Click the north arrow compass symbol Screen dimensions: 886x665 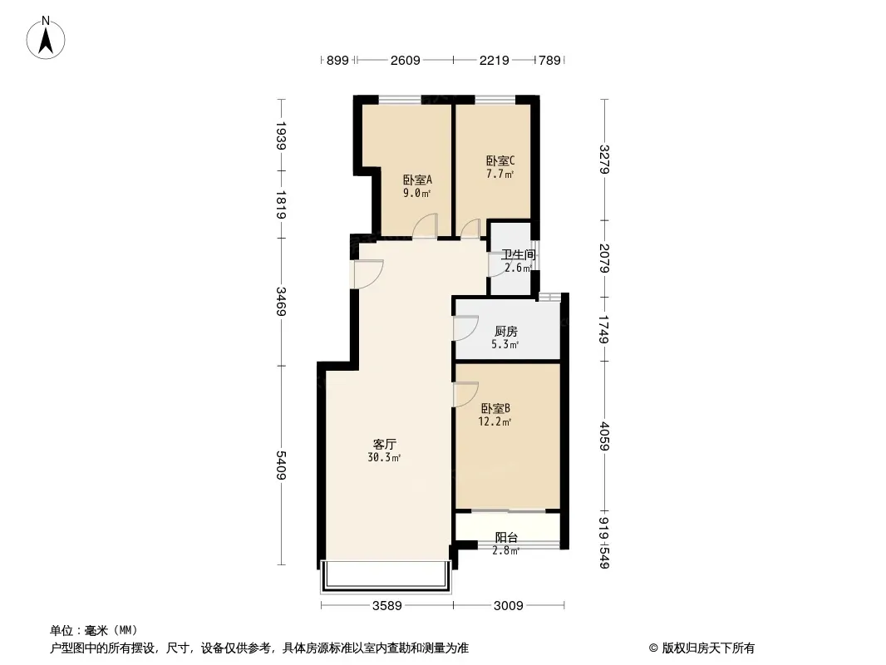(46, 37)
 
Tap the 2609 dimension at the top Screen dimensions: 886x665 (405, 60)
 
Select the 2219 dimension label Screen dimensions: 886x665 (495, 60)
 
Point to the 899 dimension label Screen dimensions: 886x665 (338, 60)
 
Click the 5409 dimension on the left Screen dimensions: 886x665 (281, 465)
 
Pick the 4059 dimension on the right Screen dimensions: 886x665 (604, 436)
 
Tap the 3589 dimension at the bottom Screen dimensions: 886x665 (387, 606)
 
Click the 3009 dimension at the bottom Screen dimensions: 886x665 (509, 606)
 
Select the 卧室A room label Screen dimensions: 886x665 (417, 180)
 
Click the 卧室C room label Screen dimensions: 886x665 (500, 161)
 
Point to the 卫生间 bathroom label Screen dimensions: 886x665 (518, 255)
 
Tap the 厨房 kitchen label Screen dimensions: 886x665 (505, 331)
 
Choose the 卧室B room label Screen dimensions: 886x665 (495, 408)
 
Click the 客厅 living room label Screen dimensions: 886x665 (384, 444)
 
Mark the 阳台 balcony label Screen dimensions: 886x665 (506, 537)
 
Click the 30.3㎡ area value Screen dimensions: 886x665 (384, 458)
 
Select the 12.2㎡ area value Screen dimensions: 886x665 (495, 421)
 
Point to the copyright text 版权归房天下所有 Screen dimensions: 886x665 (708, 648)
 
